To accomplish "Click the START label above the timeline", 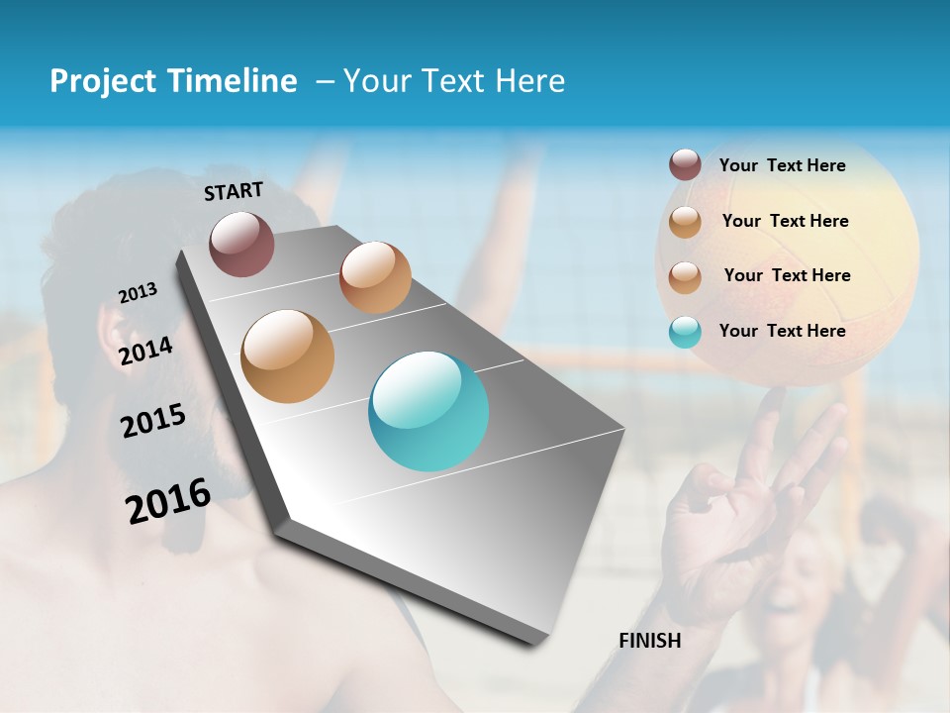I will (x=234, y=191).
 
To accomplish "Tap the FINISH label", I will (x=650, y=641).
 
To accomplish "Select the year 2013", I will (x=138, y=293).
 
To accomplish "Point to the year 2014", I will (x=146, y=352).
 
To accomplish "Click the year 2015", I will (x=153, y=421).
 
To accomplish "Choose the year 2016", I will (x=168, y=500).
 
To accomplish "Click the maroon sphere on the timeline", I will (x=241, y=244).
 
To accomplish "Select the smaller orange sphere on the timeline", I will (x=375, y=277).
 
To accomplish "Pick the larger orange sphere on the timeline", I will (x=288, y=356).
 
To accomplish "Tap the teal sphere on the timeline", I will (x=428, y=411).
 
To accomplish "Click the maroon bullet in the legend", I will (x=685, y=165).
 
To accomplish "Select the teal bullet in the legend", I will (x=685, y=332).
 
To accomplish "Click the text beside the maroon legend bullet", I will (x=782, y=165).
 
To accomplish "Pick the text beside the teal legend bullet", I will (x=782, y=331).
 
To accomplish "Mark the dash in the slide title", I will (x=325, y=81).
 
